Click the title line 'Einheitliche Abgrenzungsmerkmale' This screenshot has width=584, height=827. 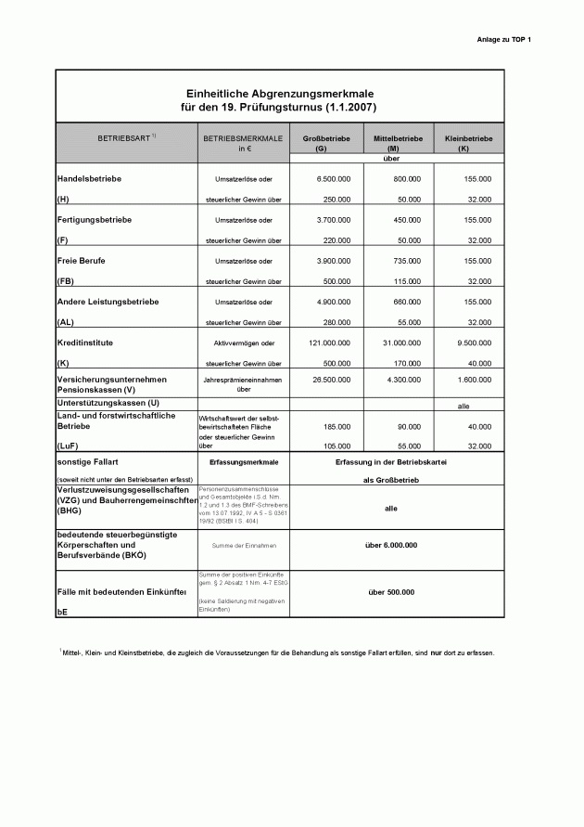280,95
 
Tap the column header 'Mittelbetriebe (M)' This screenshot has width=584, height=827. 398,143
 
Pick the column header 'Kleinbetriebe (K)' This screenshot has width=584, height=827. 468,143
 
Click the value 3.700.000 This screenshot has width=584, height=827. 333,220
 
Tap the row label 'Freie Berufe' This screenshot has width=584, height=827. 82,261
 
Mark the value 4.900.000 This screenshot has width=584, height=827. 333,303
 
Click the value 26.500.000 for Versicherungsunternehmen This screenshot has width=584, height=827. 331,380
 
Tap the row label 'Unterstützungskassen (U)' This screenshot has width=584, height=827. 108,403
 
